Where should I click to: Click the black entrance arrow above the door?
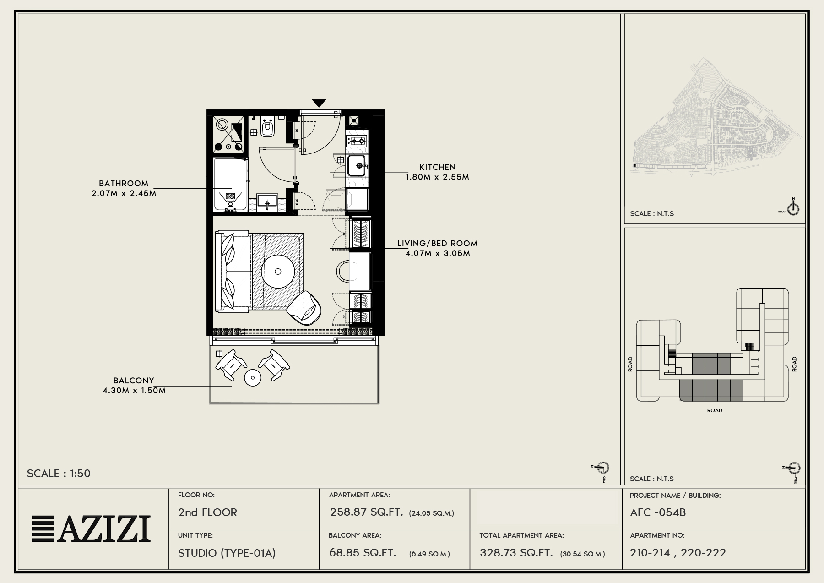coord(319,103)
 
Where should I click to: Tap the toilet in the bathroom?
coord(267,127)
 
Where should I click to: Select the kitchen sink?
coord(357,165)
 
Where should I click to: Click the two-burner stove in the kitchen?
coord(357,141)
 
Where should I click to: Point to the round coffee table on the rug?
coord(278,271)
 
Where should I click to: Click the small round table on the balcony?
coord(252,378)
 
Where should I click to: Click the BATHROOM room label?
coord(124,184)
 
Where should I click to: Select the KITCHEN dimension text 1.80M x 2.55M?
coord(437,177)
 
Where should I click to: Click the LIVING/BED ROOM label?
coord(437,244)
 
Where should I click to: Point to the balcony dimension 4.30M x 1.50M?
coord(134,391)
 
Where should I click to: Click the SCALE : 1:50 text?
coord(59,474)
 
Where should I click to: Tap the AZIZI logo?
coord(91,529)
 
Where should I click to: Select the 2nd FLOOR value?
coord(207,512)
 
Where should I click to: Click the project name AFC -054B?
coord(658,512)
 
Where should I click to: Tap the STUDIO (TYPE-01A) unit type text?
coord(227,553)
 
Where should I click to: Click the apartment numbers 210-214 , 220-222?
coord(678,553)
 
